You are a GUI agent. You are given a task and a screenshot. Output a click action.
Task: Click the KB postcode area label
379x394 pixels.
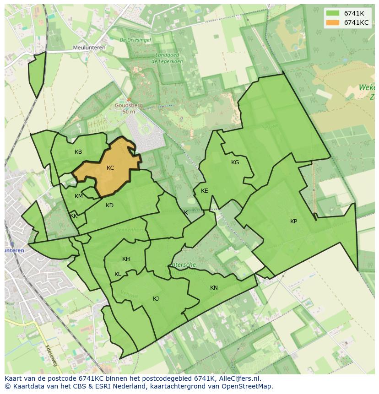point(78,152)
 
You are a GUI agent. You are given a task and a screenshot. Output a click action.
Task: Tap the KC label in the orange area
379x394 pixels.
point(110,168)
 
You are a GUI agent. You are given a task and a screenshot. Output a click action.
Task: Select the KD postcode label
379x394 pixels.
point(109,205)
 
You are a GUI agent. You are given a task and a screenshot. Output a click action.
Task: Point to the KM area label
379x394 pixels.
point(79,196)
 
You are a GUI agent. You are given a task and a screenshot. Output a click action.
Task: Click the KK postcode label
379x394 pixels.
point(74,216)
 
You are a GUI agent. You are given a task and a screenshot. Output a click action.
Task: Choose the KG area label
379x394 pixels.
point(235,162)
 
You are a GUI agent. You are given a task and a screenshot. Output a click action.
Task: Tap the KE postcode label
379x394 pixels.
point(204,191)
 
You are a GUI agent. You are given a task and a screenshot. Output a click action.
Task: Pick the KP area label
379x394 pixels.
point(293,221)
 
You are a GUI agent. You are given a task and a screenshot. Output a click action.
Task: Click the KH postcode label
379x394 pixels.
point(126,259)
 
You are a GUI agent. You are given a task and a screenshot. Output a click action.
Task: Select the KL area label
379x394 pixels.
point(118,274)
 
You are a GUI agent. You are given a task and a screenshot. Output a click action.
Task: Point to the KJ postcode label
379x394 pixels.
point(156,299)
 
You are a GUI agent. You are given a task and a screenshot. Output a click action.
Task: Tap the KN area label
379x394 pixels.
point(214,288)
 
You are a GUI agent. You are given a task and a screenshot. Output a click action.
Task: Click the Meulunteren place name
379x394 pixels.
point(89,48)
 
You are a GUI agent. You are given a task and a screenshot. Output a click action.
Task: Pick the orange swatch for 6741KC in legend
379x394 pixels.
point(333,22)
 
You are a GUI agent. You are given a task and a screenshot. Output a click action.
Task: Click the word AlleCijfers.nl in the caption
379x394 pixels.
point(238,378)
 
